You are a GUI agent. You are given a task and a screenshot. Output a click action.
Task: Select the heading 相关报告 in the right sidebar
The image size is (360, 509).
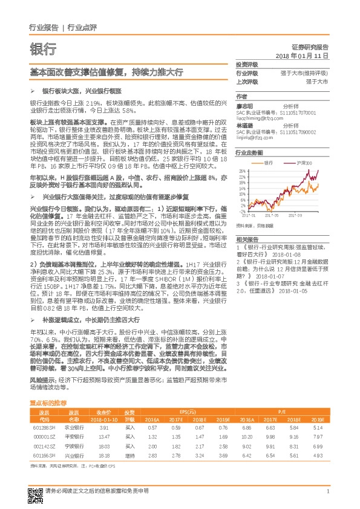coord(244,239)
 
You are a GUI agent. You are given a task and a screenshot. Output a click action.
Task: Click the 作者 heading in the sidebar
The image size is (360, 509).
coord(241,96)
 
